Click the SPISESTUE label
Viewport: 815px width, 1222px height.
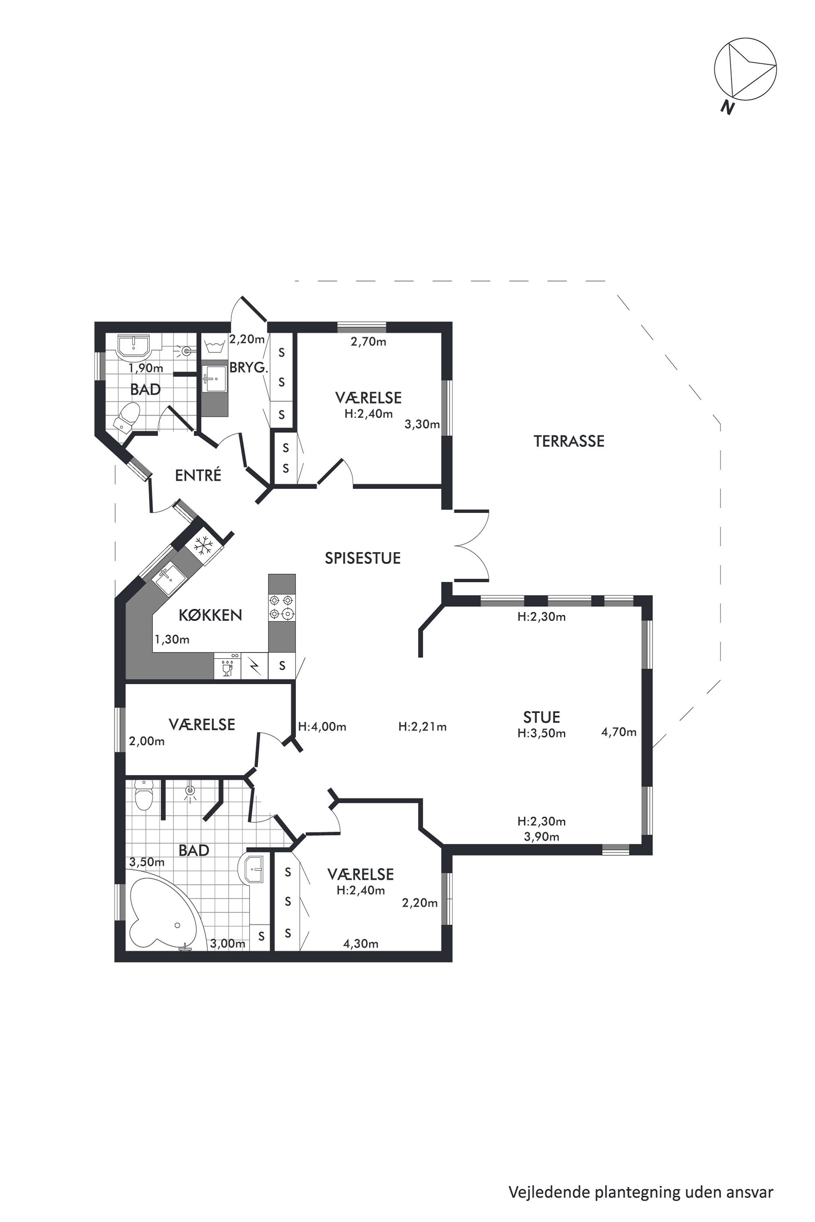[363, 558]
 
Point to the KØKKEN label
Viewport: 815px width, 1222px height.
[210, 615]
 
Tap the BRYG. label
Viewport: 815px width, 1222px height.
[249, 368]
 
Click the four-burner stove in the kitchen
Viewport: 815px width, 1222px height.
[282, 608]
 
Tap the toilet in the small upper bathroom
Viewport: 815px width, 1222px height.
[127, 417]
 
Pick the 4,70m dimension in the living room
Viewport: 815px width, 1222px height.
[619, 732]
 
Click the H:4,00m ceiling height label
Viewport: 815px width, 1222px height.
[322, 727]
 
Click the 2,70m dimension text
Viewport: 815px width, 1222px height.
[368, 342]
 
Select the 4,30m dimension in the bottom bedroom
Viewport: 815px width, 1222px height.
[361, 944]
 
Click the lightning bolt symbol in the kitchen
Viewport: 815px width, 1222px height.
[255, 666]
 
